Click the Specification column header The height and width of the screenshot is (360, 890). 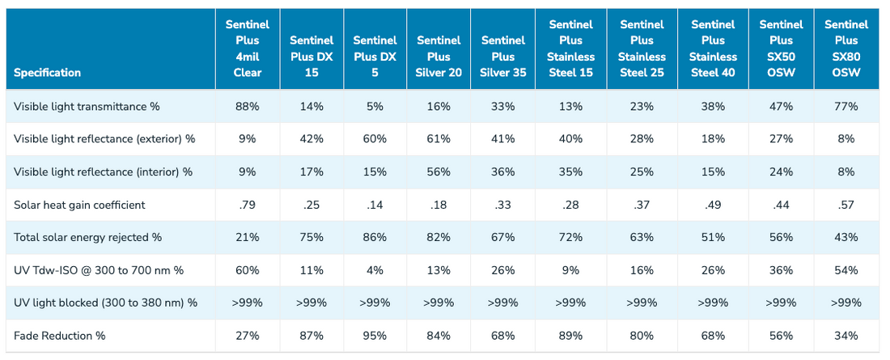coord(47,73)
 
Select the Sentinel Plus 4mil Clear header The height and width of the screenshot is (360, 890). coord(248,49)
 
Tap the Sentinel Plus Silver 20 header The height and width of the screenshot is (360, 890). coord(439,56)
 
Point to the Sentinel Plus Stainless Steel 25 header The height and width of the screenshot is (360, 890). coord(642,49)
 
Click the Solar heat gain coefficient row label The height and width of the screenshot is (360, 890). coord(79,205)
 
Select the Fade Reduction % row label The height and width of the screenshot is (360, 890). coord(60,336)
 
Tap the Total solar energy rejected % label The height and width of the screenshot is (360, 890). coord(88,237)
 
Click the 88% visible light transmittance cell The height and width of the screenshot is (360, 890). coord(248,106)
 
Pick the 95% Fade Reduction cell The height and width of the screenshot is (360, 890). coord(375,336)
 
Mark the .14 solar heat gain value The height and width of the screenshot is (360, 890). coord(375,205)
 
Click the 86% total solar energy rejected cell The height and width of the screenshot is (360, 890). coord(375,237)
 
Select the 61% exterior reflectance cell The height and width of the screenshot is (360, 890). coord(439,139)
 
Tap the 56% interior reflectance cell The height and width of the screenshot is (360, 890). coord(439,172)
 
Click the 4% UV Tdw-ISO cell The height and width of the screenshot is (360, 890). coord(375,270)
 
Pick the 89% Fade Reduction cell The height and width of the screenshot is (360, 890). coord(570,336)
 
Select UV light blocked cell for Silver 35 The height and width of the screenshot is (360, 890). coord(502,303)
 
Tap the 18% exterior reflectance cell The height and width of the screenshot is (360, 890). coord(713,139)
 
